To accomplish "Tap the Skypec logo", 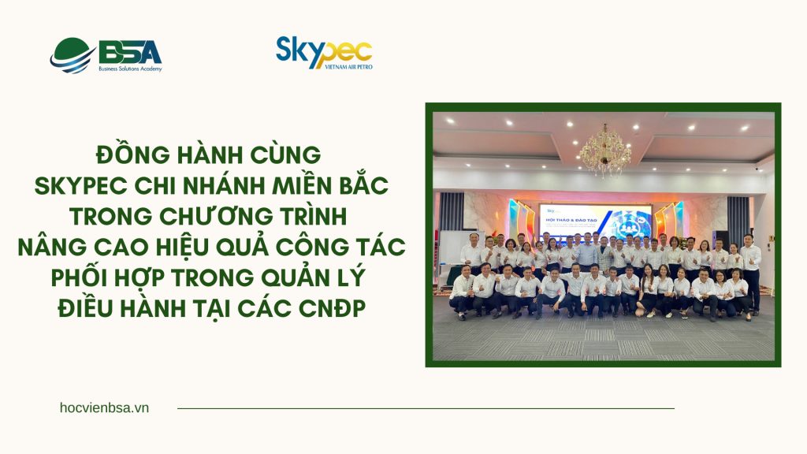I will pyautogui.click(x=324, y=52).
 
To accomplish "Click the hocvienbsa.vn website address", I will pyautogui.click(x=104, y=407).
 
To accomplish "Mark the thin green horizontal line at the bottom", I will pyautogui.click(x=426, y=408).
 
